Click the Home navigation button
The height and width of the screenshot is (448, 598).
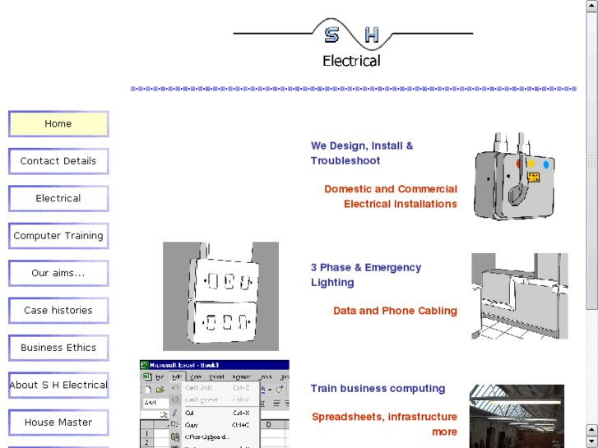[58, 124]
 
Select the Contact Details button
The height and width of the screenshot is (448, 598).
[58, 161]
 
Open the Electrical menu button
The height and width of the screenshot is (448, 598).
[58, 199]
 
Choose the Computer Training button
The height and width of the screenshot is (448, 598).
[58, 236]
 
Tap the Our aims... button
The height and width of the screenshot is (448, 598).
[58, 273]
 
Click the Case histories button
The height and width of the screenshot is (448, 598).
[58, 311]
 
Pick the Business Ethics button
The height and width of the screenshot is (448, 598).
[58, 348]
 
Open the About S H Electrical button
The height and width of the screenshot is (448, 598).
[58, 385]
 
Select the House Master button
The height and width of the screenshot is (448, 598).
[58, 423]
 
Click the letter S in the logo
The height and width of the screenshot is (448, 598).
[331, 35]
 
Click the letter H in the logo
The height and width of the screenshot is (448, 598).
[372, 35]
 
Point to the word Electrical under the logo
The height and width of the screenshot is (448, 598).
[351, 61]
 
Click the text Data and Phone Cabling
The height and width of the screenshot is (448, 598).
[395, 311]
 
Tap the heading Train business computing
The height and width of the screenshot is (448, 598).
[378, 389]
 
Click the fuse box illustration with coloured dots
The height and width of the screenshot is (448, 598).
[514, 176]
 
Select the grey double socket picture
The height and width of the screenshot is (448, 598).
[220, 296]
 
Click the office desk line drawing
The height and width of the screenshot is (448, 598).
[519, 296]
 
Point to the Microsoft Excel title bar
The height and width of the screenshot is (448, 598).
[214, 365]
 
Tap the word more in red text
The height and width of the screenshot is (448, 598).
[444, 432]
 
